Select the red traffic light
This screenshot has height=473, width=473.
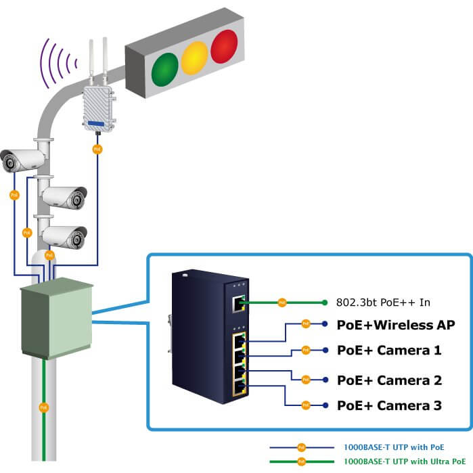pos(225,47)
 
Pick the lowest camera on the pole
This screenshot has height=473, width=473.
pos(65,236)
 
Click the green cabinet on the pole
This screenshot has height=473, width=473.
pos(56,319)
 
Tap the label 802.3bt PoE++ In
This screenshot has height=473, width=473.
pos(383,302)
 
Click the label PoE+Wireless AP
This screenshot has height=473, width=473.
pos(395,325)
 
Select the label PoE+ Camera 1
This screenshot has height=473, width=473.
pos(389,351)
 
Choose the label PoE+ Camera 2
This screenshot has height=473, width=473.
pos(389,380)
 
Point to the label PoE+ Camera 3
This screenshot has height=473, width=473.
pos(389,405)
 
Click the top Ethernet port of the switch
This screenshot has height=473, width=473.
pos(238,304)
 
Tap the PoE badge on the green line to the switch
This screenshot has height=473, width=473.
pos(282,302)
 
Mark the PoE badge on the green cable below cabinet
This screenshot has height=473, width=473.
pos(44,407)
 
